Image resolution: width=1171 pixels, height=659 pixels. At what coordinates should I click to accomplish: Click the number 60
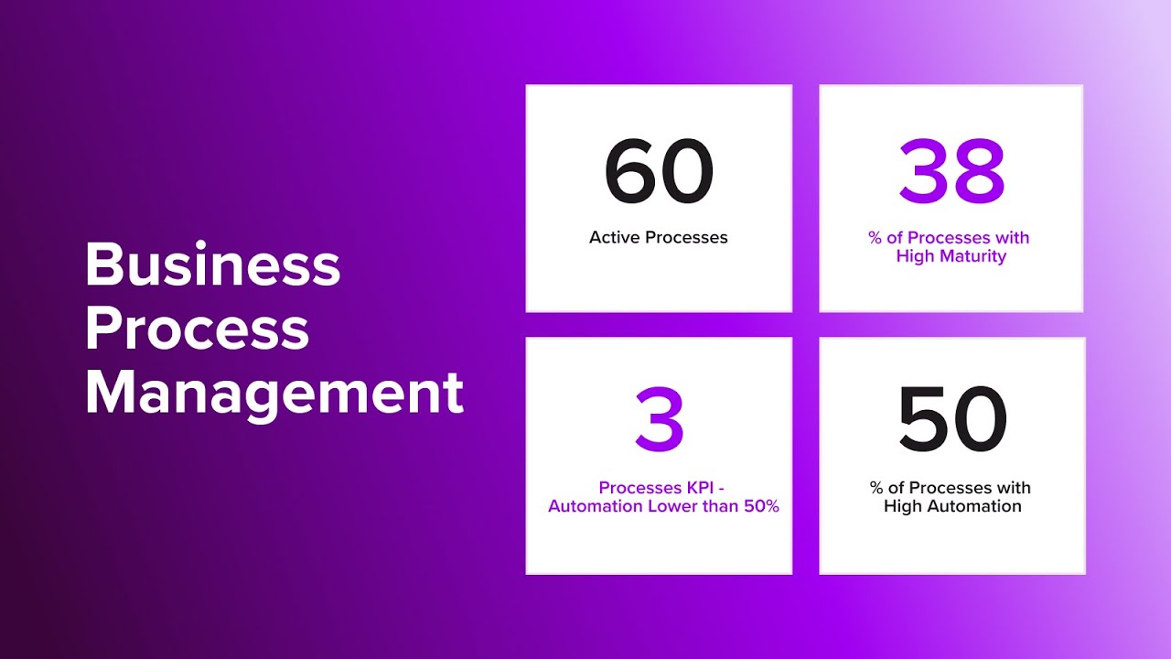659,172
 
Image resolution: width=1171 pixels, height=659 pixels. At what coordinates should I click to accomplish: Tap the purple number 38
951,172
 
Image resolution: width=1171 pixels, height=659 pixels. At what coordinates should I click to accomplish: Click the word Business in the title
212,265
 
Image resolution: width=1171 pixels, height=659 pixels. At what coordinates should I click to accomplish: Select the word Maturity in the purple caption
972,256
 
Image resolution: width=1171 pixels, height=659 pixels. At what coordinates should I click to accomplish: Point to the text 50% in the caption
758,506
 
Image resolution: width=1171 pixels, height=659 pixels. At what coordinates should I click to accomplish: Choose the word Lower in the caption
675,506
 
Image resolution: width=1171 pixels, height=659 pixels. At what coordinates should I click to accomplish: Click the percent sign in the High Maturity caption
876,238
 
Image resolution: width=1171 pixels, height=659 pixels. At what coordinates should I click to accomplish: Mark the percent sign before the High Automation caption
876,488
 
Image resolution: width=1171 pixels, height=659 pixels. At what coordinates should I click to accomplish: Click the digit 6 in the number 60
631,172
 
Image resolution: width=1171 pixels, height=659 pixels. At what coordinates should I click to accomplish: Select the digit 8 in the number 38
980,172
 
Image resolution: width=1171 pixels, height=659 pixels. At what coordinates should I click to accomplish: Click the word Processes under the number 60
686,237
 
